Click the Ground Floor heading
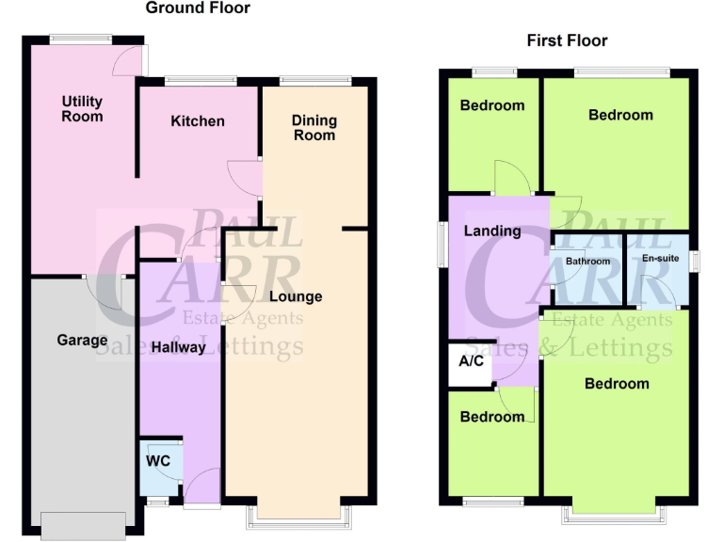[198, 8]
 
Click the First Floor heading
[567, 40]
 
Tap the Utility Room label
[82, 108]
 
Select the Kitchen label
[198, 120]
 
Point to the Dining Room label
[313, 127]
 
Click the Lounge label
[296, 296]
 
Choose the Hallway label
[179, 346]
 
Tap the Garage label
[82, 340]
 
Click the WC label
[157, 462]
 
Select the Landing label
[492, 231]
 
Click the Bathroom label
[587, 262]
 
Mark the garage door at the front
[83, 525]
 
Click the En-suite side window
[694, 261]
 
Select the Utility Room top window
[80, 40]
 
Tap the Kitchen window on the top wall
[201, 81]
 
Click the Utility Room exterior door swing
[127, 59]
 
